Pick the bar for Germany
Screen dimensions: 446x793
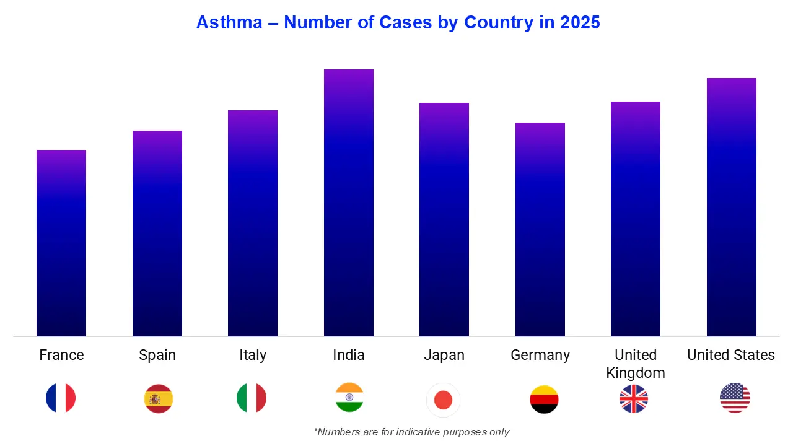540,229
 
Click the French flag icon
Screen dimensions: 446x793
61,398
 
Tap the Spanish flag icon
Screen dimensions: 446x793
159,398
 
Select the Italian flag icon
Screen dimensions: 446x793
252,398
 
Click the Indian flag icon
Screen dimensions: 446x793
349,398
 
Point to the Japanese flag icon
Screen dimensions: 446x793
444,400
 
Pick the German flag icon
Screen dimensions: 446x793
544,399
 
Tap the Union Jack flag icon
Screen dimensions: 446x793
634,398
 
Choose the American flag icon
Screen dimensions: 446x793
735,398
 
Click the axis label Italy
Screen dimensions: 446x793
253,355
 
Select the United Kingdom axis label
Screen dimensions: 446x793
636,364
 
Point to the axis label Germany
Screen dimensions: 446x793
540,355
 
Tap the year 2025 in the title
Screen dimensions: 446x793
580,22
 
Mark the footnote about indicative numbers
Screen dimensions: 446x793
411,432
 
